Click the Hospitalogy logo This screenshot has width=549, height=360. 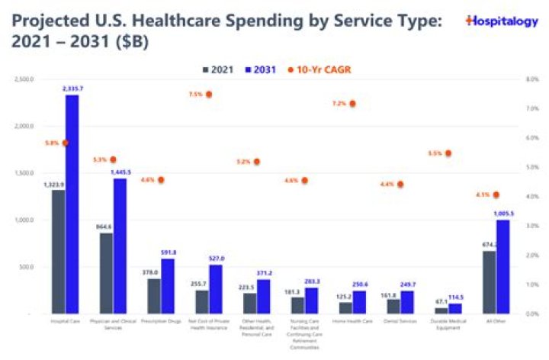500,21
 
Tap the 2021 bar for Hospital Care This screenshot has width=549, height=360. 58,252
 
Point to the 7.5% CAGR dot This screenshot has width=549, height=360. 209,95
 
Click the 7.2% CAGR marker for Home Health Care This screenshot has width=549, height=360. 352,103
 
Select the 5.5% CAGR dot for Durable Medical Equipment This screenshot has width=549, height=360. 448,153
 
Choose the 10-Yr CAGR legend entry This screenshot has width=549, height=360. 319,70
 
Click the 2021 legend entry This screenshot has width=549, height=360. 216,70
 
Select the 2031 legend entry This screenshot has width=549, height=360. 262,70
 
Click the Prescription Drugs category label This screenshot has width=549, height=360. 161,322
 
